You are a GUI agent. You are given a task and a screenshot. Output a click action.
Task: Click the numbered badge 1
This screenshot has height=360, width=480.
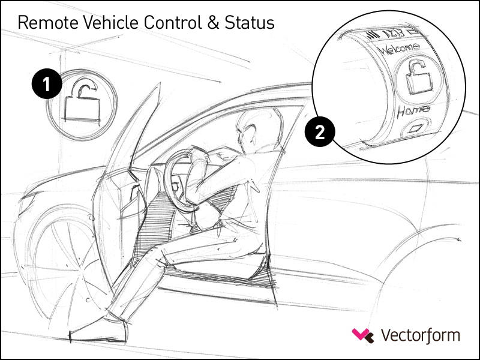(47, 83)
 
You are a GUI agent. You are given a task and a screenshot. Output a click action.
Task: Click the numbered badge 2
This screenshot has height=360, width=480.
(320, 132)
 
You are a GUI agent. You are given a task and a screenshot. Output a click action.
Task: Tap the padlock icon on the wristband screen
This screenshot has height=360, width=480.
(418, 78)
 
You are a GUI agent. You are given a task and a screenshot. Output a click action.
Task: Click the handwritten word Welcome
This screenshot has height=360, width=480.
(400, 49)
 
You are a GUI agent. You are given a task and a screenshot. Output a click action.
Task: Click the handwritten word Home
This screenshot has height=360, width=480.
(413, 111)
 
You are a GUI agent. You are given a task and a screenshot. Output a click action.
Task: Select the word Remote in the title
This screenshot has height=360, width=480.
(49, 23)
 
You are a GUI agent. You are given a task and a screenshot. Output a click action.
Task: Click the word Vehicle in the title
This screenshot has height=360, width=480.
(111, 22)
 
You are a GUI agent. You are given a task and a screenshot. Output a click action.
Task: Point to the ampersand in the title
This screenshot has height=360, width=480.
(214, 23)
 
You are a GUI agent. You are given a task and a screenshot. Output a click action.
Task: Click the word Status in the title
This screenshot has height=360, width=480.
(250, 23)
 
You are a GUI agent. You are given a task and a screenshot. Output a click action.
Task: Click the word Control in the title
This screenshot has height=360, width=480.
(172, 22)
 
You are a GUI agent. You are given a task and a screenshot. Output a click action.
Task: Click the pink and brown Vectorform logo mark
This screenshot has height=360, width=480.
(363, 335)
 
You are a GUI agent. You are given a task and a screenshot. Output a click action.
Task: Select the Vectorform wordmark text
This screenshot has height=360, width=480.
(421, 335)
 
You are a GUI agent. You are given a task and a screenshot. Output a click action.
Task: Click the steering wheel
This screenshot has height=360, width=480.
(180, 181)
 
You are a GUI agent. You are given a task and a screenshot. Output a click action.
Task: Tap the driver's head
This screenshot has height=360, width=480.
(257, 128)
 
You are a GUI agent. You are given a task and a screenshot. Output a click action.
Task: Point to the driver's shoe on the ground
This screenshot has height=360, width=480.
(97, 332)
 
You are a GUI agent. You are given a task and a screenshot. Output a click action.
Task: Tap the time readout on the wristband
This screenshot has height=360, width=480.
(395, 34)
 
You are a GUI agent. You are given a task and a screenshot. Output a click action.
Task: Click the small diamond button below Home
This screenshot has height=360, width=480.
(416, 128)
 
